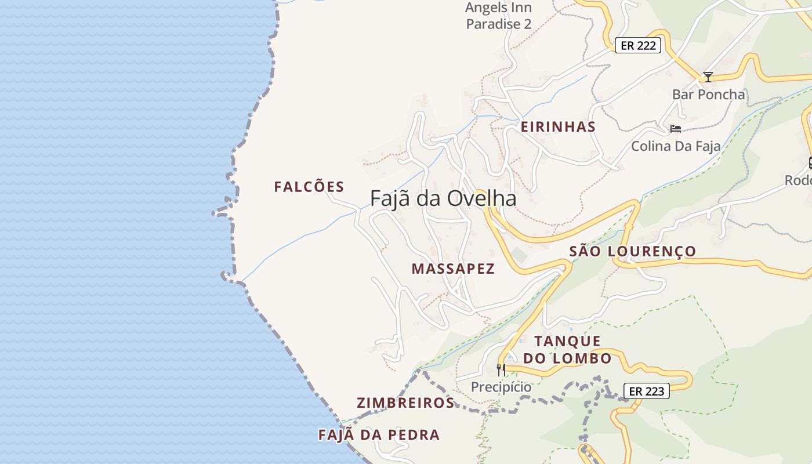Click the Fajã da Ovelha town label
coord(443,199)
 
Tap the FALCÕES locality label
coord(309,187)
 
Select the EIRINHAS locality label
coord(558,127)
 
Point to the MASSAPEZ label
coord(453,269)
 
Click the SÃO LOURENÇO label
coord(632,251)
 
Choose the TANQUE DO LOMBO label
coord(567,349)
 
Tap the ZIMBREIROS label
coord(405,403)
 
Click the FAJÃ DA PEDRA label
coord(379,435)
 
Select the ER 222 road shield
coord(637,46)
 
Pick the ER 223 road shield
coord(646,391)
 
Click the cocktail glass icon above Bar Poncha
coord(708,77)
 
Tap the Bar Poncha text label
coord(708,94)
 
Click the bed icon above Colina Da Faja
coord(675,128)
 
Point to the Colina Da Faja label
coord(676,146)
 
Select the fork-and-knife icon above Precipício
coord(501,369)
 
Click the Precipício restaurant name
coord(501,387)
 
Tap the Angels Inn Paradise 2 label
coord(499,16)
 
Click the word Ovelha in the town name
coord(480,199)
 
